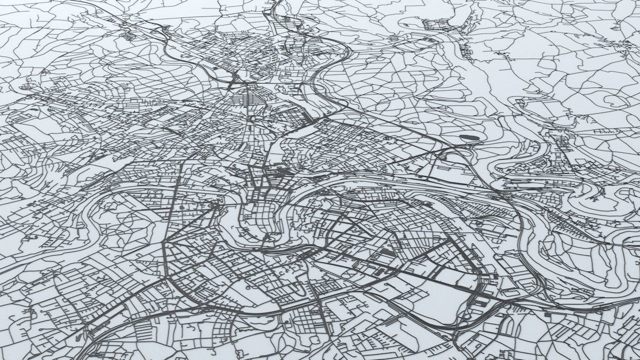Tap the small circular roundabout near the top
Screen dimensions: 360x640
coord(393,38)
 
